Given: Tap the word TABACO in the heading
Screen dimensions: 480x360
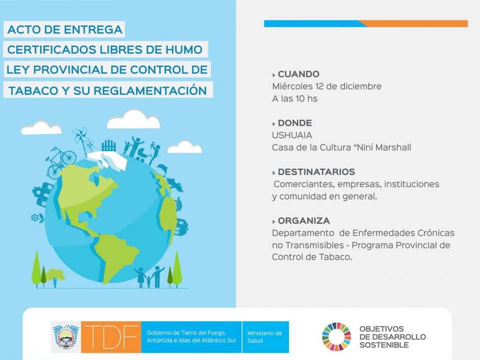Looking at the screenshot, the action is tap(33, 91).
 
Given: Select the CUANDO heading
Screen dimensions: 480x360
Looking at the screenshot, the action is tap(298, 74).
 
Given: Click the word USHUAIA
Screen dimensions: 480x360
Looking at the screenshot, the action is tap(292, 135).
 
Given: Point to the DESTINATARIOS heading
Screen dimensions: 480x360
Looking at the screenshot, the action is tap(316, 171).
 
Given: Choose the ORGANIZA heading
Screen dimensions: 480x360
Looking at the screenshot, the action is tap(303, 220).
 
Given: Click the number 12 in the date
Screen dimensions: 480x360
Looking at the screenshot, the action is tap(319, 86).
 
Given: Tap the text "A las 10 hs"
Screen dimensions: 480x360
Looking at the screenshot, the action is tap(295, 98).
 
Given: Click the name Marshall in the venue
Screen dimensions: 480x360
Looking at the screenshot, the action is tap(393, 147).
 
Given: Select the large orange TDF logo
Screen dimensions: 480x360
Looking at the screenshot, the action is tap(111, 337).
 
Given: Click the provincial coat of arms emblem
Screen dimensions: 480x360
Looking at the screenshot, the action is tap(66, 337).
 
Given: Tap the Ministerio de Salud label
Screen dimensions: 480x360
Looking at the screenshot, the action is tap(264, 336).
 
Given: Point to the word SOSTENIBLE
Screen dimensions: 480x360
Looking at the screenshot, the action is tap(384, 345).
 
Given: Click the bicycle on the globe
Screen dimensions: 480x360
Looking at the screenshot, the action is tap(60, 162).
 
